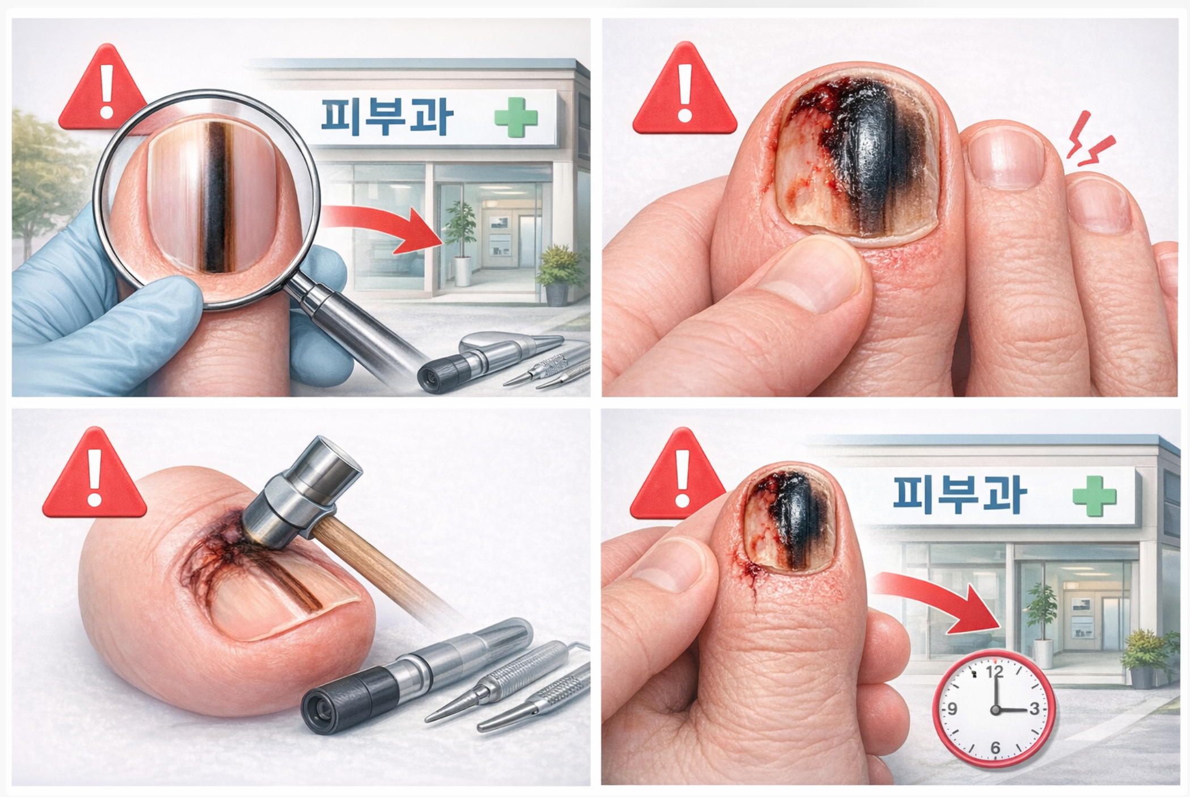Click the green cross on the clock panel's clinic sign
click(x=1094, y=496)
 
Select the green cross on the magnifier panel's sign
click(x=516, y=118)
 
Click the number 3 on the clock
click(x=1034, y=708)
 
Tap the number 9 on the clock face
click(x=952, y=708)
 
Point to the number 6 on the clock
click(x=995, y=748)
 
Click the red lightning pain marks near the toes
click(x=1090, y=140)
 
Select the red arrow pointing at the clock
click(x=942, y=599)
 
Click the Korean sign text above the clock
click(x=960, y=494)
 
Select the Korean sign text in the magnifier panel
click(x=387, y=117)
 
